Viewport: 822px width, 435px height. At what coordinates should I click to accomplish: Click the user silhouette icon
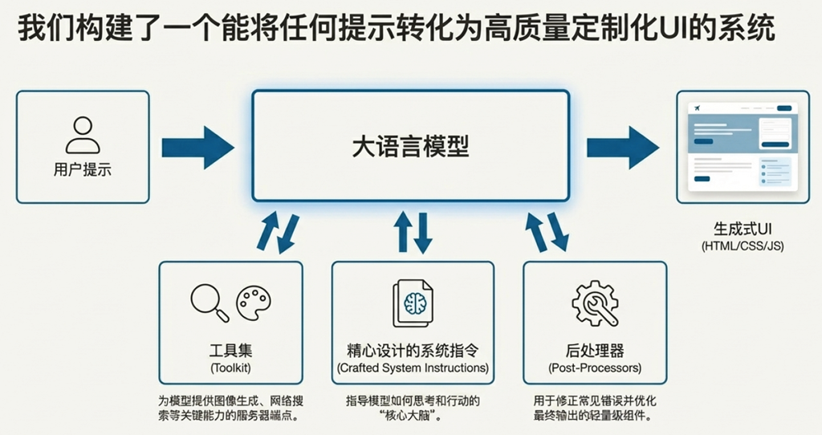click(83, 135)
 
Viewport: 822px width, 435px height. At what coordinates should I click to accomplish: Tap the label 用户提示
click(83, 170)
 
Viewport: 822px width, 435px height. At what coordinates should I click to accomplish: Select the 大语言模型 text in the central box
click(410, 146)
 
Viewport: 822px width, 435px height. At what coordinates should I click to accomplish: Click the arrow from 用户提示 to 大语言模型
click(197, 147)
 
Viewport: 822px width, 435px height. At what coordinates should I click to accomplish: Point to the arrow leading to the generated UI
click(622, 147)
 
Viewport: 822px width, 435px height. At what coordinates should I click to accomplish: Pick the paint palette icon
click(253, 302)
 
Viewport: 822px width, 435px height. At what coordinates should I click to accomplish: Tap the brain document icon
click(413, 303)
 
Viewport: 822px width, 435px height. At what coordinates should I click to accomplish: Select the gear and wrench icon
click(595, 303)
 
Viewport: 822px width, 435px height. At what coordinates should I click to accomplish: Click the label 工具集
click(230, 351)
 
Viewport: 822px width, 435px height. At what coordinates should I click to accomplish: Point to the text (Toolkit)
click(230, 368)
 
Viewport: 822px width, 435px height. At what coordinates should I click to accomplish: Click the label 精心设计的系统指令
click(413, 351)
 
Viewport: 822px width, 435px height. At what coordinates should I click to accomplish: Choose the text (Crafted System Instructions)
click(413, 368)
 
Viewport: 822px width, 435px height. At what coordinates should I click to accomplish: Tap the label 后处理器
click(595, 351)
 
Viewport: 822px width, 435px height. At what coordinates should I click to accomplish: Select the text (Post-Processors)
click(595, 368)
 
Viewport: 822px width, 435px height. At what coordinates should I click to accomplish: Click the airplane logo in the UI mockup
click(694, 108)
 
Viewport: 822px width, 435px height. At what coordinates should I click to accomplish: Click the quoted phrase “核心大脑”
click(413, 417)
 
